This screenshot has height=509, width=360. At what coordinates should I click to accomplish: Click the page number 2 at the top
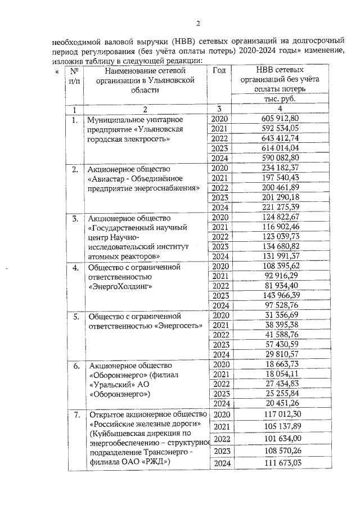click(197, 23)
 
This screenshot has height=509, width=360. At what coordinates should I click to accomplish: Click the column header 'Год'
click(220, 70)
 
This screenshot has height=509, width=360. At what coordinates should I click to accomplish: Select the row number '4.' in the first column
click(74, 267)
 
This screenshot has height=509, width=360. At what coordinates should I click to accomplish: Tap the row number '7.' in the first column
click(74, 416)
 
